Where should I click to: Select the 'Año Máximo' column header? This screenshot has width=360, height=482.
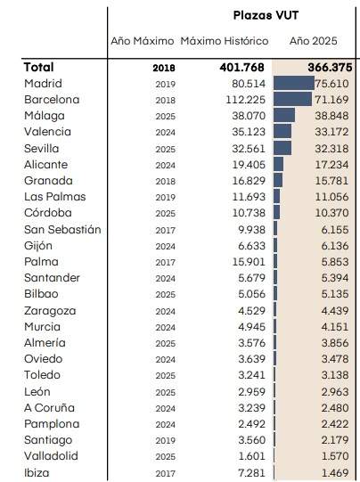pos(142,42)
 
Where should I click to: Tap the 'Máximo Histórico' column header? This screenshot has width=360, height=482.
pos(224,42)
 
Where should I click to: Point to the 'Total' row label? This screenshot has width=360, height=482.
pos(39,67)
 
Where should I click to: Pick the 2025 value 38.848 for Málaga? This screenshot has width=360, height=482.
pos(332,116)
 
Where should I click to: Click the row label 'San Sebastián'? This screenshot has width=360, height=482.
pos(62,229)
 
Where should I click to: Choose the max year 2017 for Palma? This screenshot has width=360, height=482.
pos(164,262)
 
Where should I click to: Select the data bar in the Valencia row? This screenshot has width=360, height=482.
pos(282,132)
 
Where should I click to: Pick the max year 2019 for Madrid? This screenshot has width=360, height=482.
pos(164,84)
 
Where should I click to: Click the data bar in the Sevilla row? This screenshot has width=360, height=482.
pos(282,148)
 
